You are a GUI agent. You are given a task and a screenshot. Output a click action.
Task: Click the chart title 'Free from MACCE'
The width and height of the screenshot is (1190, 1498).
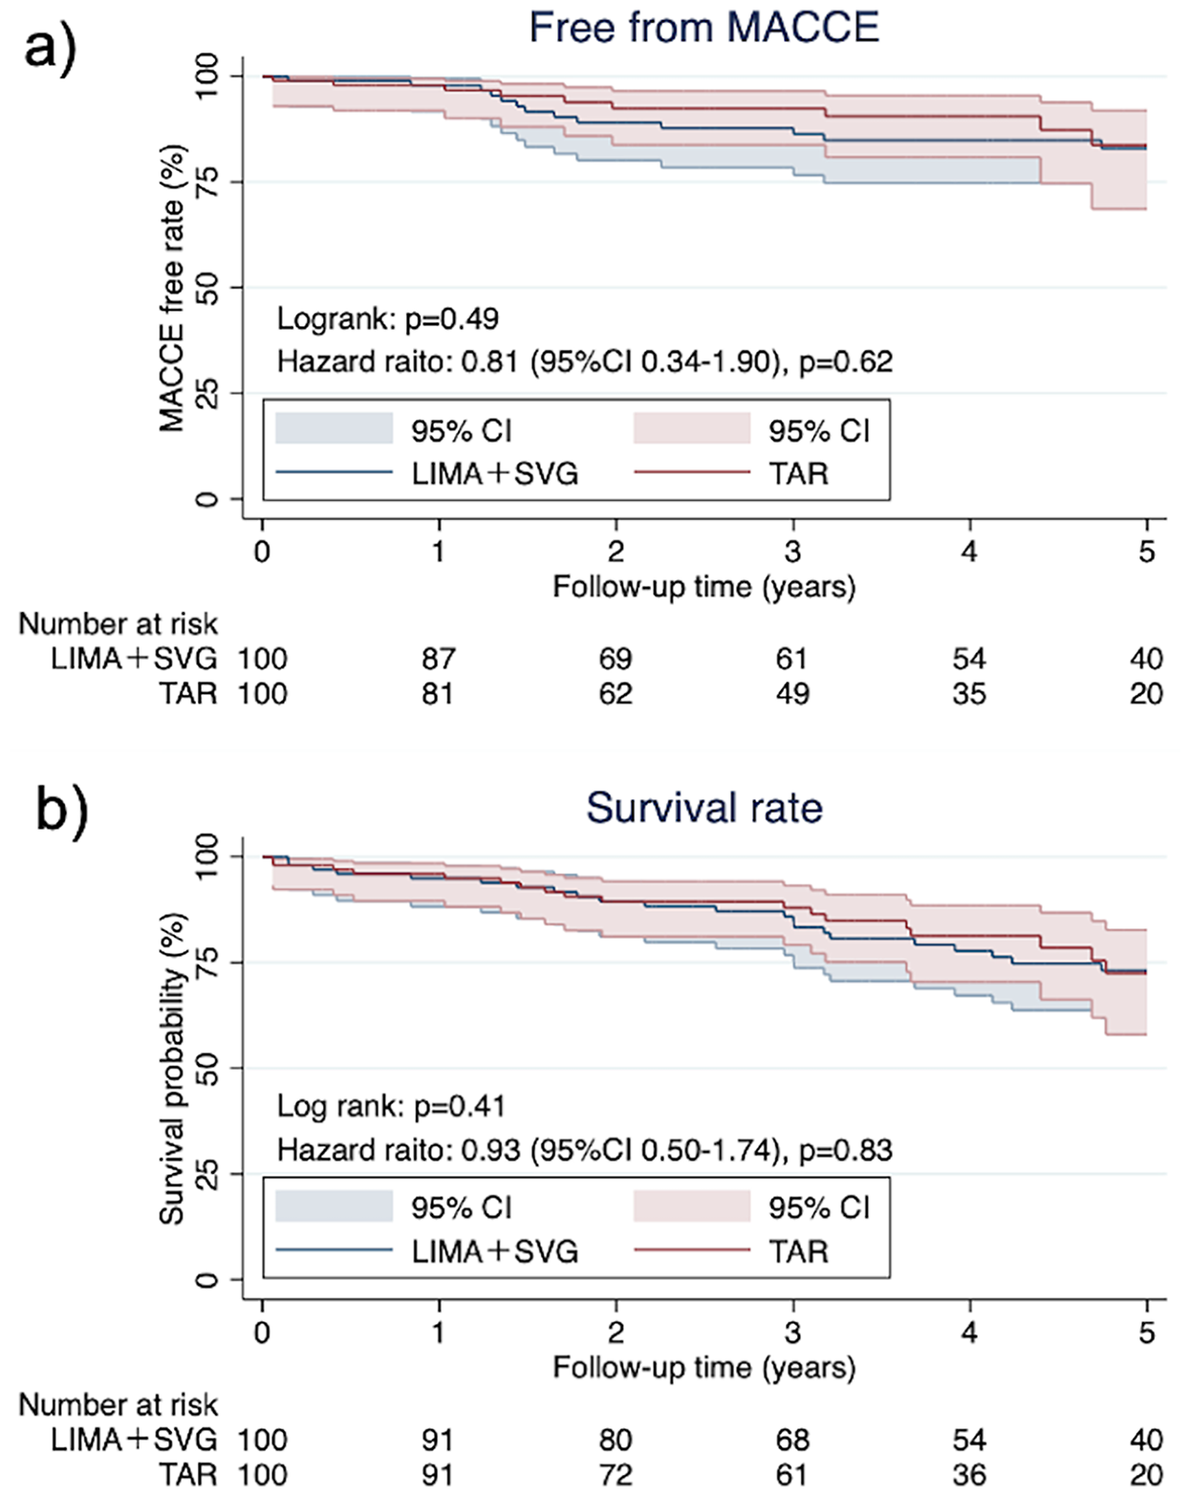[x=703, y=27]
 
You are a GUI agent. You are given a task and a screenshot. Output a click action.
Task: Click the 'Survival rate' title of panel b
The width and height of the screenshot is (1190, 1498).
[x=703, y=808]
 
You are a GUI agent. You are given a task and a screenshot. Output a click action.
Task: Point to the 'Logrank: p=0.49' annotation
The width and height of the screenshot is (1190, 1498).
[x=387, y=318]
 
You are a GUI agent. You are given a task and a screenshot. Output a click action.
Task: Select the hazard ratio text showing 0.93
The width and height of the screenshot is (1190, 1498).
[x=584, y=1150]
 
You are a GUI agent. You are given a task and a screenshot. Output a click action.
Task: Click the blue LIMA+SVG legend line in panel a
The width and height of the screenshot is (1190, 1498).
[x=334, y=473]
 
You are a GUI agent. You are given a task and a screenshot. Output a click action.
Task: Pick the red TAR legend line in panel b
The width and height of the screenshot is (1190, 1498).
[x=691, y=1250]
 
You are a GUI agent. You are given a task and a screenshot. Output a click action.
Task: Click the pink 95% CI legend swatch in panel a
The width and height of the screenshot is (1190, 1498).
[x=691, y=429]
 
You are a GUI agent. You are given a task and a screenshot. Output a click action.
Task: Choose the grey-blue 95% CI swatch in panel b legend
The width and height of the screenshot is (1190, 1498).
[x=334, y=1206]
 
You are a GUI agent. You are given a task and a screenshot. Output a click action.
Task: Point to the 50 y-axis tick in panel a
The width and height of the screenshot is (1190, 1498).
[x=206, y=288]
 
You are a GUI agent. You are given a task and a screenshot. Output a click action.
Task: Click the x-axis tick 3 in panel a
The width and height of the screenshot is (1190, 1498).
[x=792, y=551]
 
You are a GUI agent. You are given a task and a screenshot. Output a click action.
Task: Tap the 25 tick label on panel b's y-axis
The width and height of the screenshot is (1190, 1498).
[x=206, y=1174]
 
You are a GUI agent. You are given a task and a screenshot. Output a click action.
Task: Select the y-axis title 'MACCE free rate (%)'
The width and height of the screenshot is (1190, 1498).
[x=172, y=288]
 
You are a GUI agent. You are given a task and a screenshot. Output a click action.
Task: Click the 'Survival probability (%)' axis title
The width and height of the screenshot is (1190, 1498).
[x=172, y=1069]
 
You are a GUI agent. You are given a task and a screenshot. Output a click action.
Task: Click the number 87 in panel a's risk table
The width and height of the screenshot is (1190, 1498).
[x=438, y=659]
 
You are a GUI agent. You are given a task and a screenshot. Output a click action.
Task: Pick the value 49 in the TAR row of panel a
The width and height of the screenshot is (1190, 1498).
[x=792, y=693]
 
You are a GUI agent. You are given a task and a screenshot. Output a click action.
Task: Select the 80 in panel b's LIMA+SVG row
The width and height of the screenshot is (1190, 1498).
[x=616, y=1440]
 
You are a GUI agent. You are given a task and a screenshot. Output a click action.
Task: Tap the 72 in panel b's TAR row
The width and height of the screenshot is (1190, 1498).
[x=616, y=1474]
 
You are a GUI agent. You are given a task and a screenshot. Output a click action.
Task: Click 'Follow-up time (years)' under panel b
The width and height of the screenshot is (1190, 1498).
[x=703, y=1367]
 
